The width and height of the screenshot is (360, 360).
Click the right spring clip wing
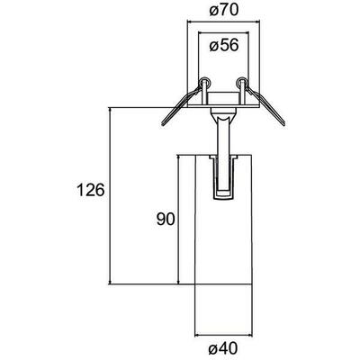(269, 106)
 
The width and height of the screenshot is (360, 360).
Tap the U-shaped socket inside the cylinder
(222, 180)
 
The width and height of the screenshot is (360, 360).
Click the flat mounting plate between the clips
(222, 102)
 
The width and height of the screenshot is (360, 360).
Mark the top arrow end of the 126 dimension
(110, 107)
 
